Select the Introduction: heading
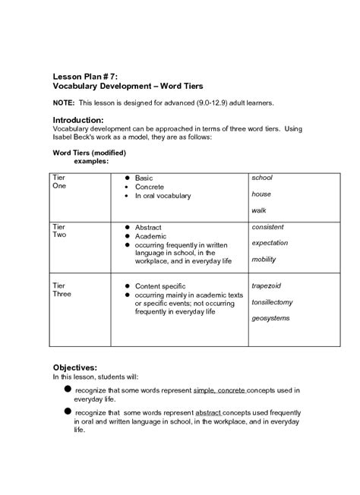(x=84, y=120)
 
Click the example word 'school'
(x=262, y=178)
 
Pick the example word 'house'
(x=261, y=194)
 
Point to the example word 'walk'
(x=259, y=210)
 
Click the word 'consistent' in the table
(x=267, y=226)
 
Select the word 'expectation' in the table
(x=270, y=242)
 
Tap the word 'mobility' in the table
(x=264, y=259)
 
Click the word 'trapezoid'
(x=267, y=285)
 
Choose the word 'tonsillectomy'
(x=273, y=301)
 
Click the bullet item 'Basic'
(x=144, y=178)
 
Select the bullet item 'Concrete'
(x=149, y=187)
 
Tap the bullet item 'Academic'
(x=150, y=236)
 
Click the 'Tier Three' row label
(x=62, y=290)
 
